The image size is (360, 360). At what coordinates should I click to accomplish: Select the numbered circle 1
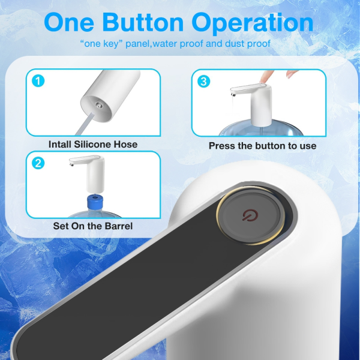tap(37, 81)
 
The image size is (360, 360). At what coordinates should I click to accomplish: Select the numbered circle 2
tap(37, 163)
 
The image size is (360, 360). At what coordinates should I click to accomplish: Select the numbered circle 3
tap(204, 81)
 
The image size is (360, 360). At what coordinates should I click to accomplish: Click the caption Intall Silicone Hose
tap(93, 144)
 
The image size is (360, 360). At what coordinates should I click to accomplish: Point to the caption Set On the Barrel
tap(93, 226)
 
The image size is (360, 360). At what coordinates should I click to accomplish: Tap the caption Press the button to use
tap(262, 145)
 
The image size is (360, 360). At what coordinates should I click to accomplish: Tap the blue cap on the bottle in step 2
tap(94, 200)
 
